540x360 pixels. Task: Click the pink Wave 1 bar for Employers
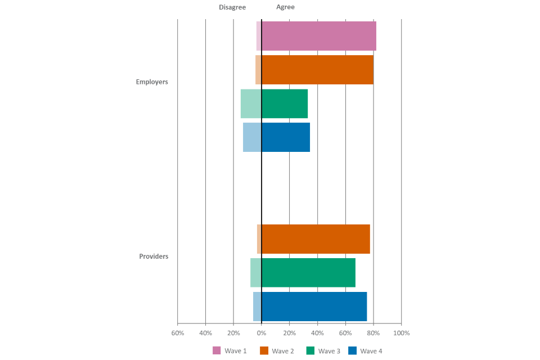pos(316,36)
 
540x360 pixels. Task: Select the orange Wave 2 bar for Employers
pos(314,70)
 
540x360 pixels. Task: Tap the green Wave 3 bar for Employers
pos(274,103)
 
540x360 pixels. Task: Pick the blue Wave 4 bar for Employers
pos(276,137)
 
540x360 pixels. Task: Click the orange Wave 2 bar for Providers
pos(313,239)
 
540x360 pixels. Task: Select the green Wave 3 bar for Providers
pos(303,273)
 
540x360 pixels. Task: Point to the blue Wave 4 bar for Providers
pos(310,307)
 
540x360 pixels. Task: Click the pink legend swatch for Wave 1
pos(217,350)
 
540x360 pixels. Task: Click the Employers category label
pos(152,82)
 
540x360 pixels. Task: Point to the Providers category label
pos(154,256)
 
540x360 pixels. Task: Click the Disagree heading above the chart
pos(232,7)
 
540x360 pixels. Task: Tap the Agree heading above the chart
pos(285,7)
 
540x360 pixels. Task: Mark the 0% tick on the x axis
pos(262,333)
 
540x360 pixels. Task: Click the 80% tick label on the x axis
pos(373,333)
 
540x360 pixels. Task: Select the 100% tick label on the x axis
pos(402,333)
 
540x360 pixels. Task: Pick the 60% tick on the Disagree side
pos(178,333)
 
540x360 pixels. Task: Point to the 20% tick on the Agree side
pos(290,333)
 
